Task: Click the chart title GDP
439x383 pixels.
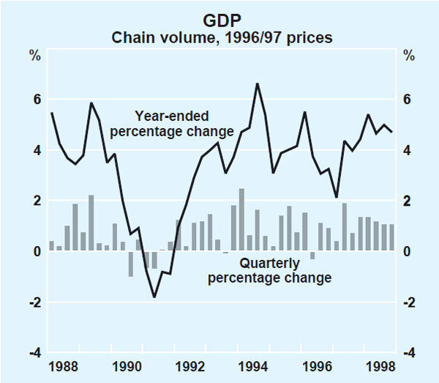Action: [x=219, y=22]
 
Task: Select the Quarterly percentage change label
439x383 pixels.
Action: [x=269, y=271]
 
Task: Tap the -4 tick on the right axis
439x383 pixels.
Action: [x=406, y=353]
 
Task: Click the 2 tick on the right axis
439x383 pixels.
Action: [x=408, y=201]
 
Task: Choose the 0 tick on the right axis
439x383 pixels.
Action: [x=408, y=252]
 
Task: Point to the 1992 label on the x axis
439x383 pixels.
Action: [x=191, y=365]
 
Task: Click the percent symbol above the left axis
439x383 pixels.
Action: [x=34, y=56]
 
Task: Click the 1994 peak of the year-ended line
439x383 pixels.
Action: [x=257, y=83]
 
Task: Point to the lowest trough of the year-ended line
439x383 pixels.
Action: [x=154, y=297]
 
